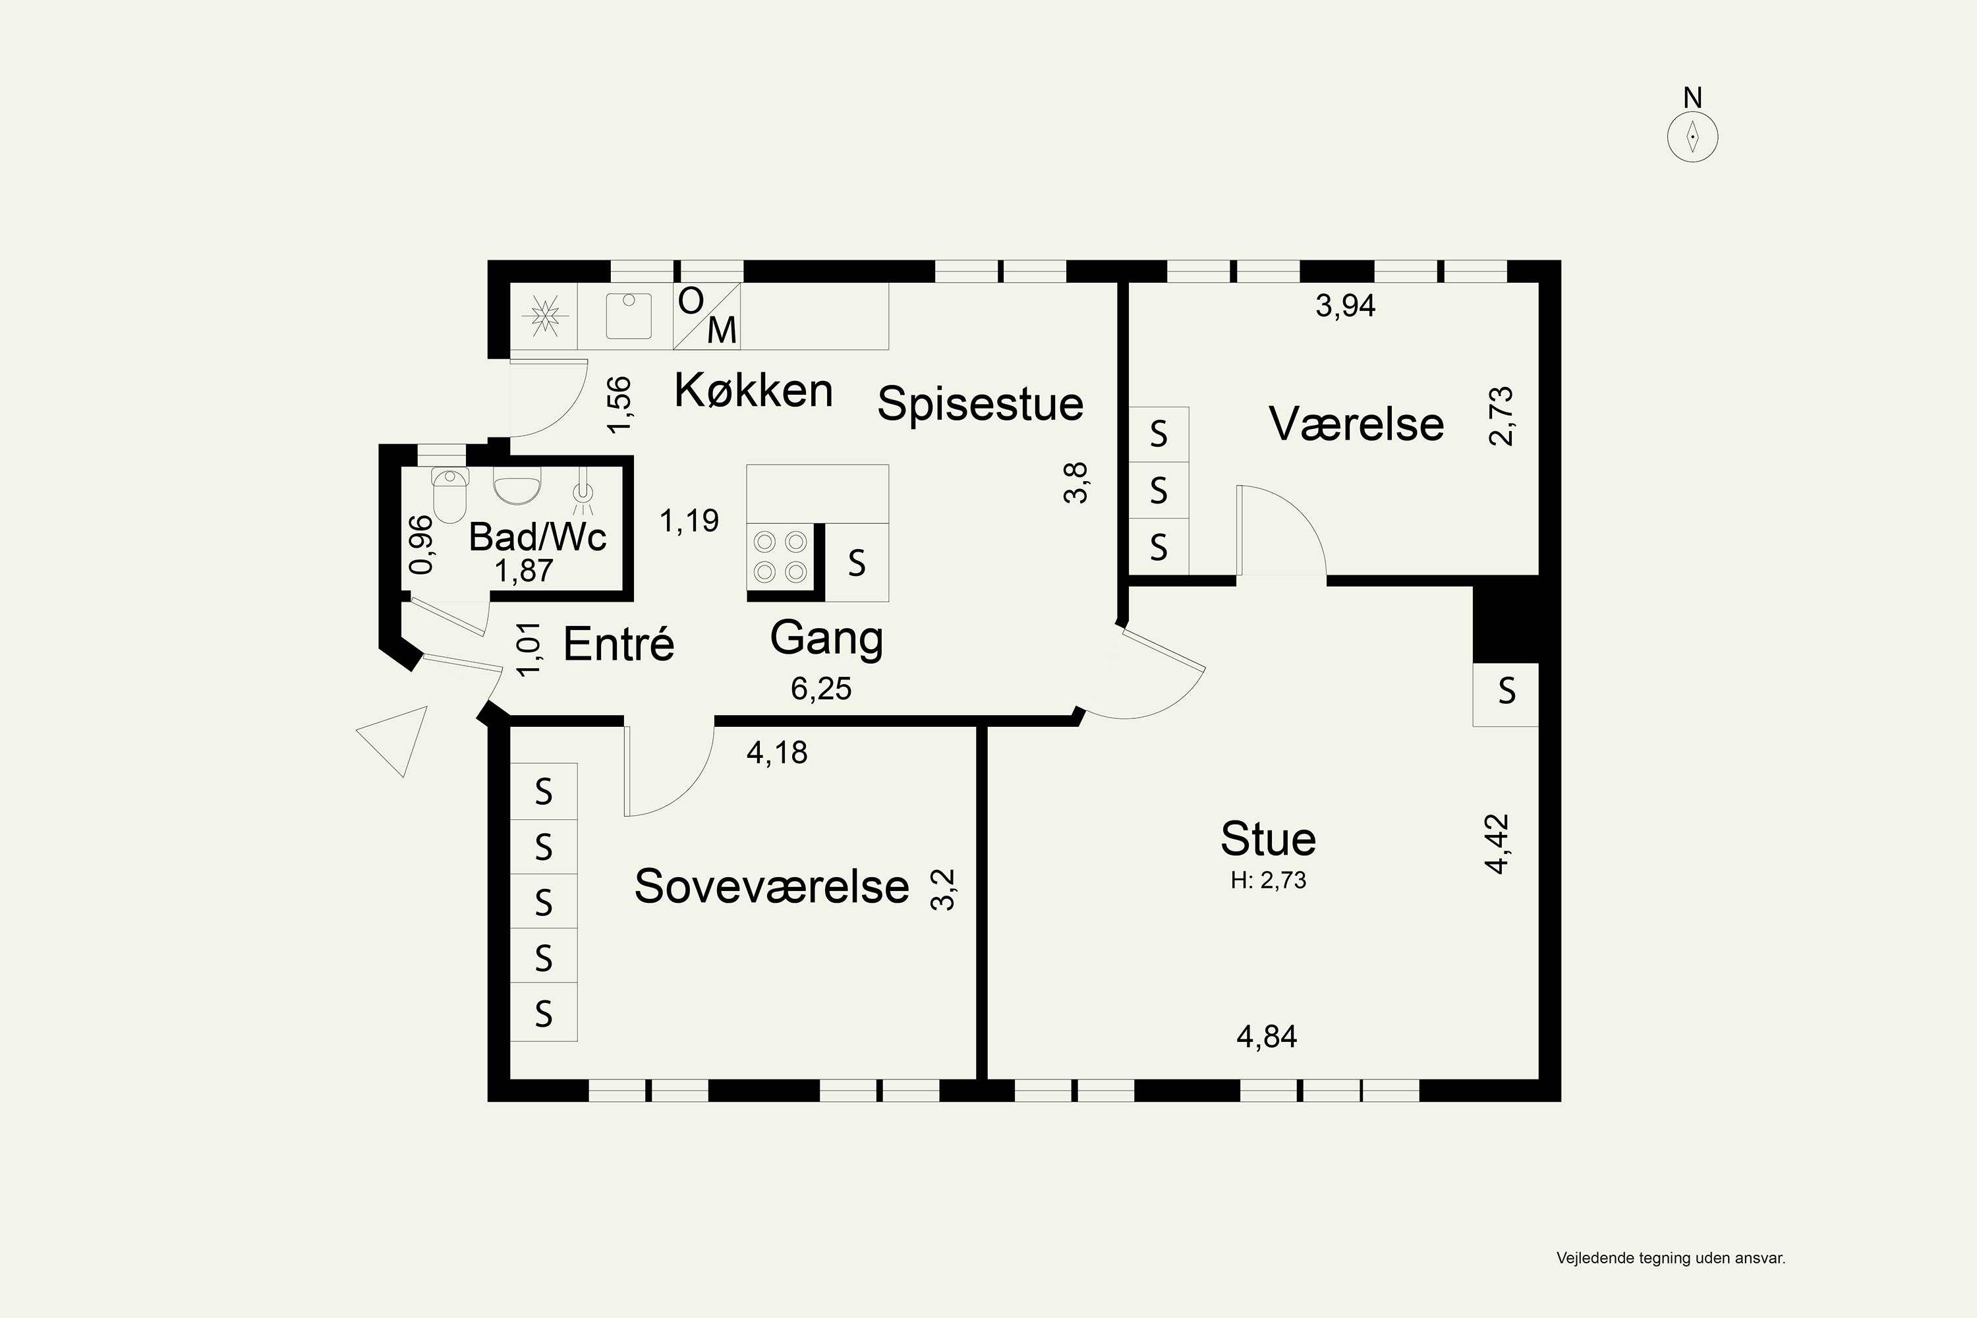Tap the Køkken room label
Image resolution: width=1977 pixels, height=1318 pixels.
[753, 391]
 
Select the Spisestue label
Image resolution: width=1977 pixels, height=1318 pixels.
[980, 405]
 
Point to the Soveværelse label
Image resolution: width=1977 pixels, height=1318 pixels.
[772, 886]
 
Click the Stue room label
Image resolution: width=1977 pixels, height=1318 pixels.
[1267, 838]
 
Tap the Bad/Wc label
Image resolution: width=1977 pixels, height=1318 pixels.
[537, 537]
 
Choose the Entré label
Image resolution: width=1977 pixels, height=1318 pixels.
[619, 644]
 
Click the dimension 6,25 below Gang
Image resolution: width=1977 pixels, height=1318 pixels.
[821, 689]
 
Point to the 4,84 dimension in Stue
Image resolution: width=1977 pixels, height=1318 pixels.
[1267, 1037]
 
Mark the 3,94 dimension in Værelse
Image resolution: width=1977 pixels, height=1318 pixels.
[1346, 306]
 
